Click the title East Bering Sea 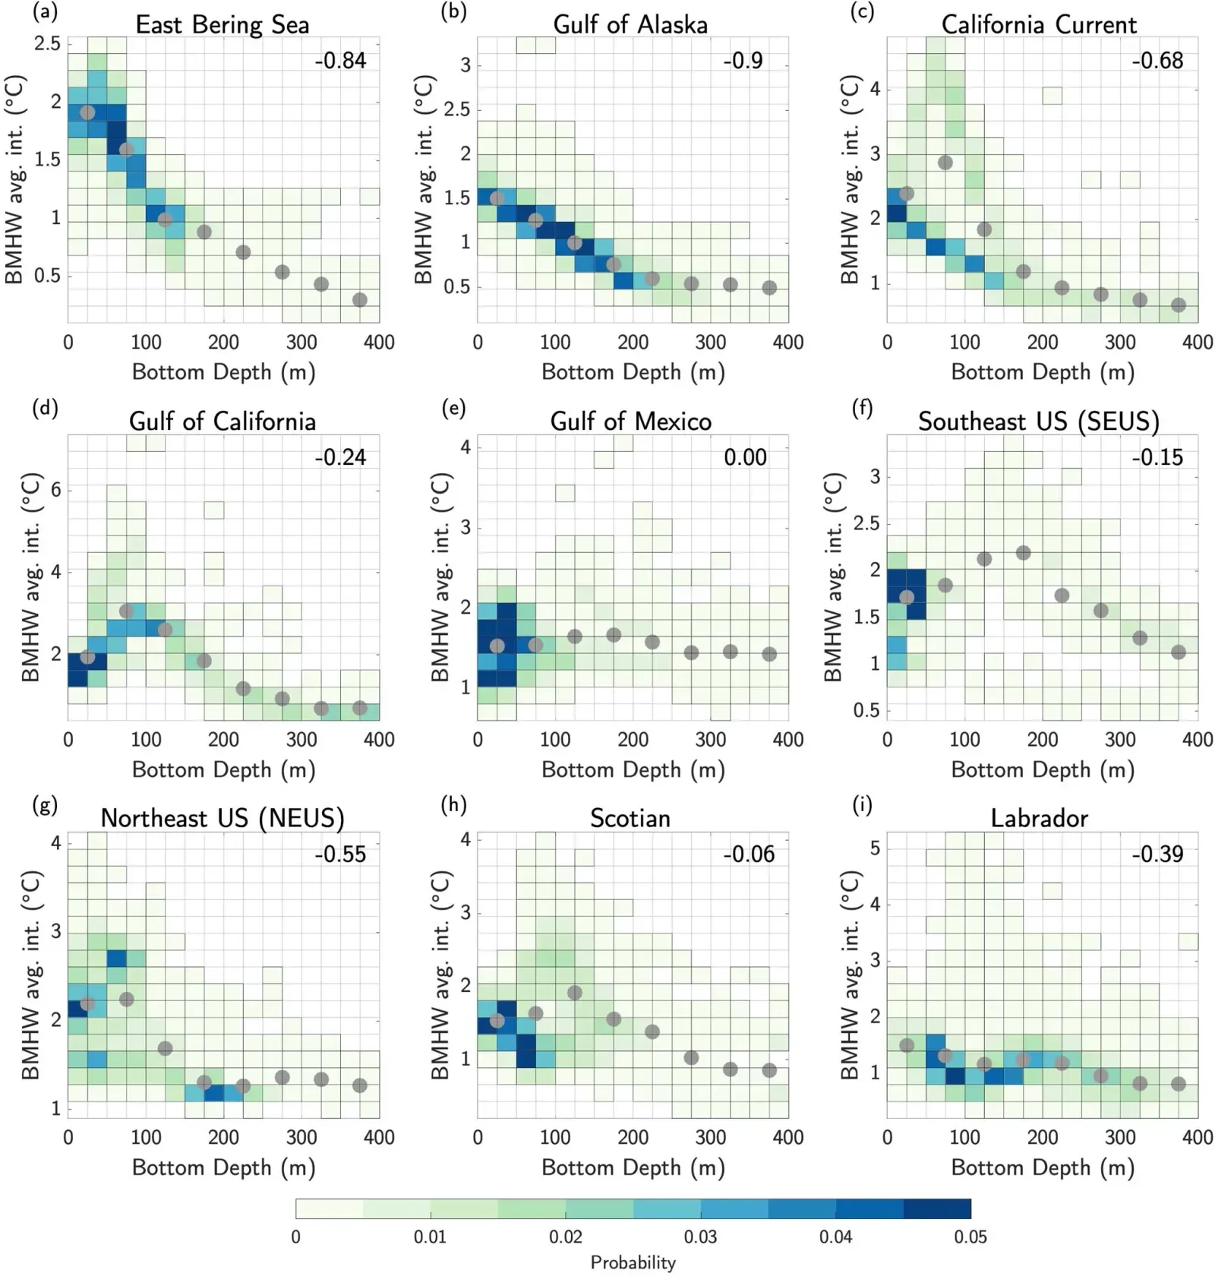tap(222, 24)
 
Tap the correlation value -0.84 tap(340, 60)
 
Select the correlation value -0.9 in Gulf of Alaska tap(743, 60)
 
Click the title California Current tap(1039, 24)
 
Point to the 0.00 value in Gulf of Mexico tap(745, 457)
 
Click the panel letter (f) tap(862, 408)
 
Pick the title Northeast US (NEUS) tap(222, 818)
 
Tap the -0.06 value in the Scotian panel tap(749, 854)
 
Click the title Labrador tap(1039, 818)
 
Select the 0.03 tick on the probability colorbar tap(700, 1237)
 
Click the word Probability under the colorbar tap(633, 1262)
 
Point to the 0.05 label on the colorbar tap(970, 1237)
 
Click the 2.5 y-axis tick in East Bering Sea tap(47, 43)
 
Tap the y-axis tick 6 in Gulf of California tap(55, 490)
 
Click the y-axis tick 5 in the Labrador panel tap(875, 848)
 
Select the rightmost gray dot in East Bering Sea tap(360, 300)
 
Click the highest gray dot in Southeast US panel tap(1023, 553)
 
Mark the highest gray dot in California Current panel tap(945, 163)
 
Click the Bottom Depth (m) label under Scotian tap(633, 1167)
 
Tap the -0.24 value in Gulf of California tap(340, 457)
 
